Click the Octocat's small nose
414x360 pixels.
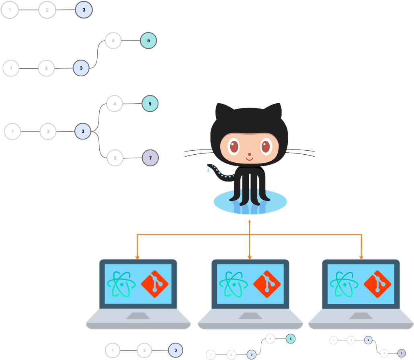click(x=249, y=154)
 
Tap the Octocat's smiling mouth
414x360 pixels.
click(x=249, y=159)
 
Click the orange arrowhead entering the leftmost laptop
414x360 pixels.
click(x=137, y=256)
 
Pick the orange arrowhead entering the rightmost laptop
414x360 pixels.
click(x=361, y=256)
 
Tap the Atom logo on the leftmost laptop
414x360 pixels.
click(x=121, y=284)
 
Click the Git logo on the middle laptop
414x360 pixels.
click(x=267, y=284)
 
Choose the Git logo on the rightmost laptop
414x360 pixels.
click(x=377, y=284)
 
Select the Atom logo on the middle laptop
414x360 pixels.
click(x=234, y=284)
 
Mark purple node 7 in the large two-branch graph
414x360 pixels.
click(x=150, y=158)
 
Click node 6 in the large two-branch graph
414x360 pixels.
click(x=115, y=158)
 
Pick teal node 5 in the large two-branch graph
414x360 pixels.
click(x=150, y=104)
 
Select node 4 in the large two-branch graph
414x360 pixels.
click(x=115, y=104)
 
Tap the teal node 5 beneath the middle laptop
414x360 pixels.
click(x=291, y=339)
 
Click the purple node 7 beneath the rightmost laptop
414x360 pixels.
click(x=401, y=353)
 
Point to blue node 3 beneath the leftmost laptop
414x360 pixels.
click(x=175, y=350)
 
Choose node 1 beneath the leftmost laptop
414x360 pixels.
click(x=113, y=350)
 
